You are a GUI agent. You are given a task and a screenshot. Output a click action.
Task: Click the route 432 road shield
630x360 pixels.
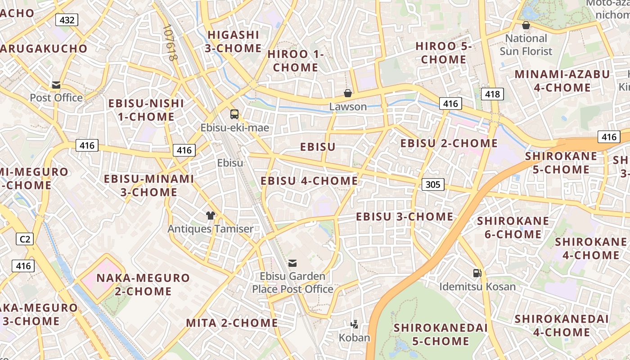point(67,20)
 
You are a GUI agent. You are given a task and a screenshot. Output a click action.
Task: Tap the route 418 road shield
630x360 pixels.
point(492,94)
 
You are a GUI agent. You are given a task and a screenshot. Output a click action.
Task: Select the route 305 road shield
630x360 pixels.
point(433,184)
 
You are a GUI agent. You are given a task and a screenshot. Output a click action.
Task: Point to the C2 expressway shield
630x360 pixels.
point(25,239)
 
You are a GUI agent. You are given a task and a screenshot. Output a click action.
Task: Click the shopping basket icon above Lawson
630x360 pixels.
point(348,94)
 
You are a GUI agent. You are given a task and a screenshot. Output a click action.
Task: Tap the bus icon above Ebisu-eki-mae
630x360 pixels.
point(234,114)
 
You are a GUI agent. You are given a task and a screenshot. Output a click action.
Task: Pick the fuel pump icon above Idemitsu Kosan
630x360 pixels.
point(477,273)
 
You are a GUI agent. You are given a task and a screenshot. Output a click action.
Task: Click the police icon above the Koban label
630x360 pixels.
point(355,324)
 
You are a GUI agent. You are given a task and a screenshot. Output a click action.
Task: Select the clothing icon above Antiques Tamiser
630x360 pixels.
point(210,216)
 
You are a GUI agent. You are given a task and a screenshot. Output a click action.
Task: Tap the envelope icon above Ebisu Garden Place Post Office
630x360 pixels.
point(292,263)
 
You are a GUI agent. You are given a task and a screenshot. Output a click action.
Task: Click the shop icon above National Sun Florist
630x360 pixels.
point(526,25)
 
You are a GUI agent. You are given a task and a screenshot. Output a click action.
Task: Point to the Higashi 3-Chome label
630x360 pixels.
point(233,41)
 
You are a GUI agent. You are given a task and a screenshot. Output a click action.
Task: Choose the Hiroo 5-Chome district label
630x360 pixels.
point(443,53)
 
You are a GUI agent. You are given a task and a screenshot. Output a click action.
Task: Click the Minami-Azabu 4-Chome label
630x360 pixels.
point(562,81)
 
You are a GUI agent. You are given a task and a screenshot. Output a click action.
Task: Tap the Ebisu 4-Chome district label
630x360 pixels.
point(309,181)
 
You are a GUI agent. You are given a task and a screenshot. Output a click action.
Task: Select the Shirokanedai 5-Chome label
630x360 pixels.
point(441,334)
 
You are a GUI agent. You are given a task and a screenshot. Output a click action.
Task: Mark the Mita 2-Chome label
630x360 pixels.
point(232,323)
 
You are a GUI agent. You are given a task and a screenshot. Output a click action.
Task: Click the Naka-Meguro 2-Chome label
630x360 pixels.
point(143,284)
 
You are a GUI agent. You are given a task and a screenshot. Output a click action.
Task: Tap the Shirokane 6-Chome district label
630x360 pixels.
point(513,227)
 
